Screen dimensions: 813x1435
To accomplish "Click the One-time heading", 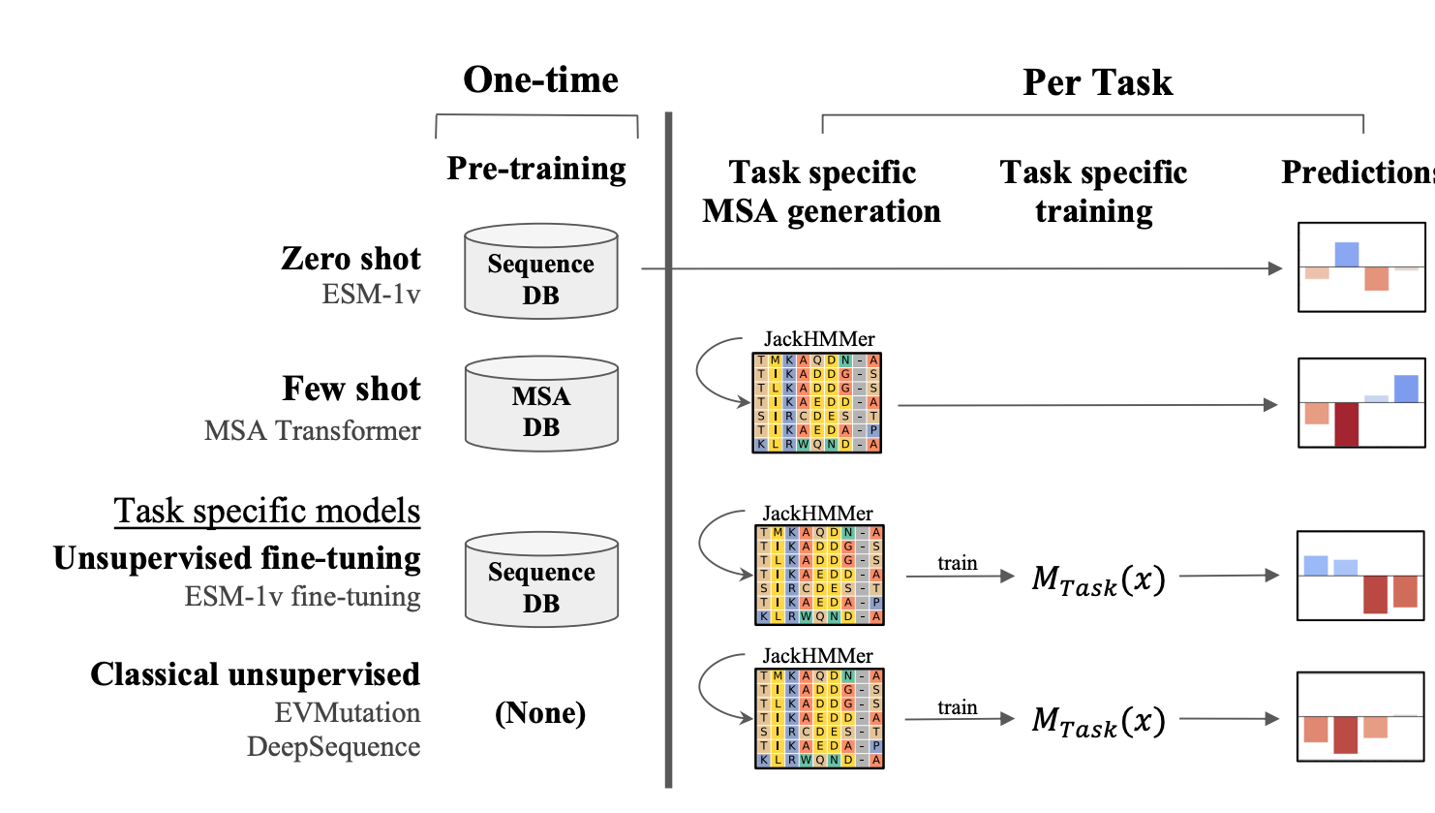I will (x=540, y=79).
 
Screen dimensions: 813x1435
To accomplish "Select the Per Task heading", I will (x=1097, y=82).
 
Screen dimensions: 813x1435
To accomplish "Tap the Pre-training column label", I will (x=536, y=169).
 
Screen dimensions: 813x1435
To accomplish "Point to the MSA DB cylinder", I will (x=541, y=404).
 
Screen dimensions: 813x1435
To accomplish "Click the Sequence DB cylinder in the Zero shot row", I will (x=540, y=272).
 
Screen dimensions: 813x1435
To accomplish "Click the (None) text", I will (x=540, y=713).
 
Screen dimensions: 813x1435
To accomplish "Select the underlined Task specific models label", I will (x=267, y=511).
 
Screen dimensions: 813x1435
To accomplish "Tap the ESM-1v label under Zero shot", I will (x=371, y=294).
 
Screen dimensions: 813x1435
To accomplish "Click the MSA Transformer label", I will (x=312, y=430).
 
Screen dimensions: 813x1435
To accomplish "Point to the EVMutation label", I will (x=347, y=712).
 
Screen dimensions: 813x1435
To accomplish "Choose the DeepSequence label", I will (x=333, y=746).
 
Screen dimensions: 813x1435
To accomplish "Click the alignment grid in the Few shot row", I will (x=817, y=402).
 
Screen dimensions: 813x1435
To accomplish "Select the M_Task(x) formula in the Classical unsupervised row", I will (x=1098, y=721).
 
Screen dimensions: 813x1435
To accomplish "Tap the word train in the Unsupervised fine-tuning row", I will (x=957, y=563).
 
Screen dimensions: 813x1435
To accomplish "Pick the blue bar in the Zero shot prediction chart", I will (x=1346, y=254).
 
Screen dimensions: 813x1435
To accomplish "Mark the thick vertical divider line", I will (x=668, y=451).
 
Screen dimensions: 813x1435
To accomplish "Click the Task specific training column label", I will (x=1093, y=191).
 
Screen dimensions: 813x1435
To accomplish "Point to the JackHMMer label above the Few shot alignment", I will (x=819, y=339).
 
